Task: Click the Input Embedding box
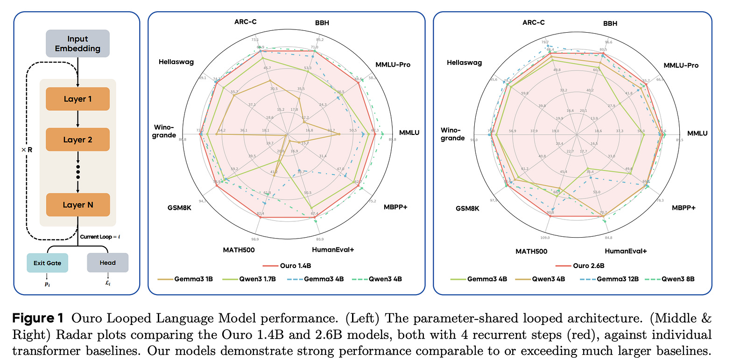(78, 43)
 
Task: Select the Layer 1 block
(78, 99)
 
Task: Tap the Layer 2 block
(78, 140)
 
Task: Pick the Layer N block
(78, 205)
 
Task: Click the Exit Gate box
(47, 263)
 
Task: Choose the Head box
(107, 262)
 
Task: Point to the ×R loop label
(27, 150)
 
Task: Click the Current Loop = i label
(100, 237)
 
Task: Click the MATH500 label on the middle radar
(239, 250)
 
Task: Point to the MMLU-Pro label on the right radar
(681, 65)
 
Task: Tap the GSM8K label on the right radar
(467, 208)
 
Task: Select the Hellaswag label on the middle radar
(176, 62)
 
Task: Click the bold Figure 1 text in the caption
(38, 318)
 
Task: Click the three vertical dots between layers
(78, 172)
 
